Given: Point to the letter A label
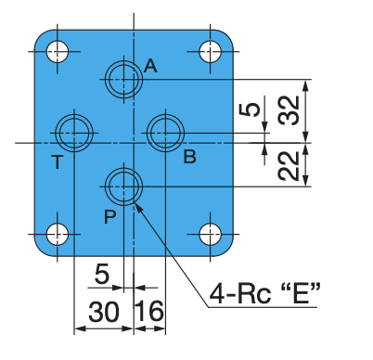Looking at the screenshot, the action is click(x=150, y=66).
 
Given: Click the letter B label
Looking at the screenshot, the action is click(x=189, y=157).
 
